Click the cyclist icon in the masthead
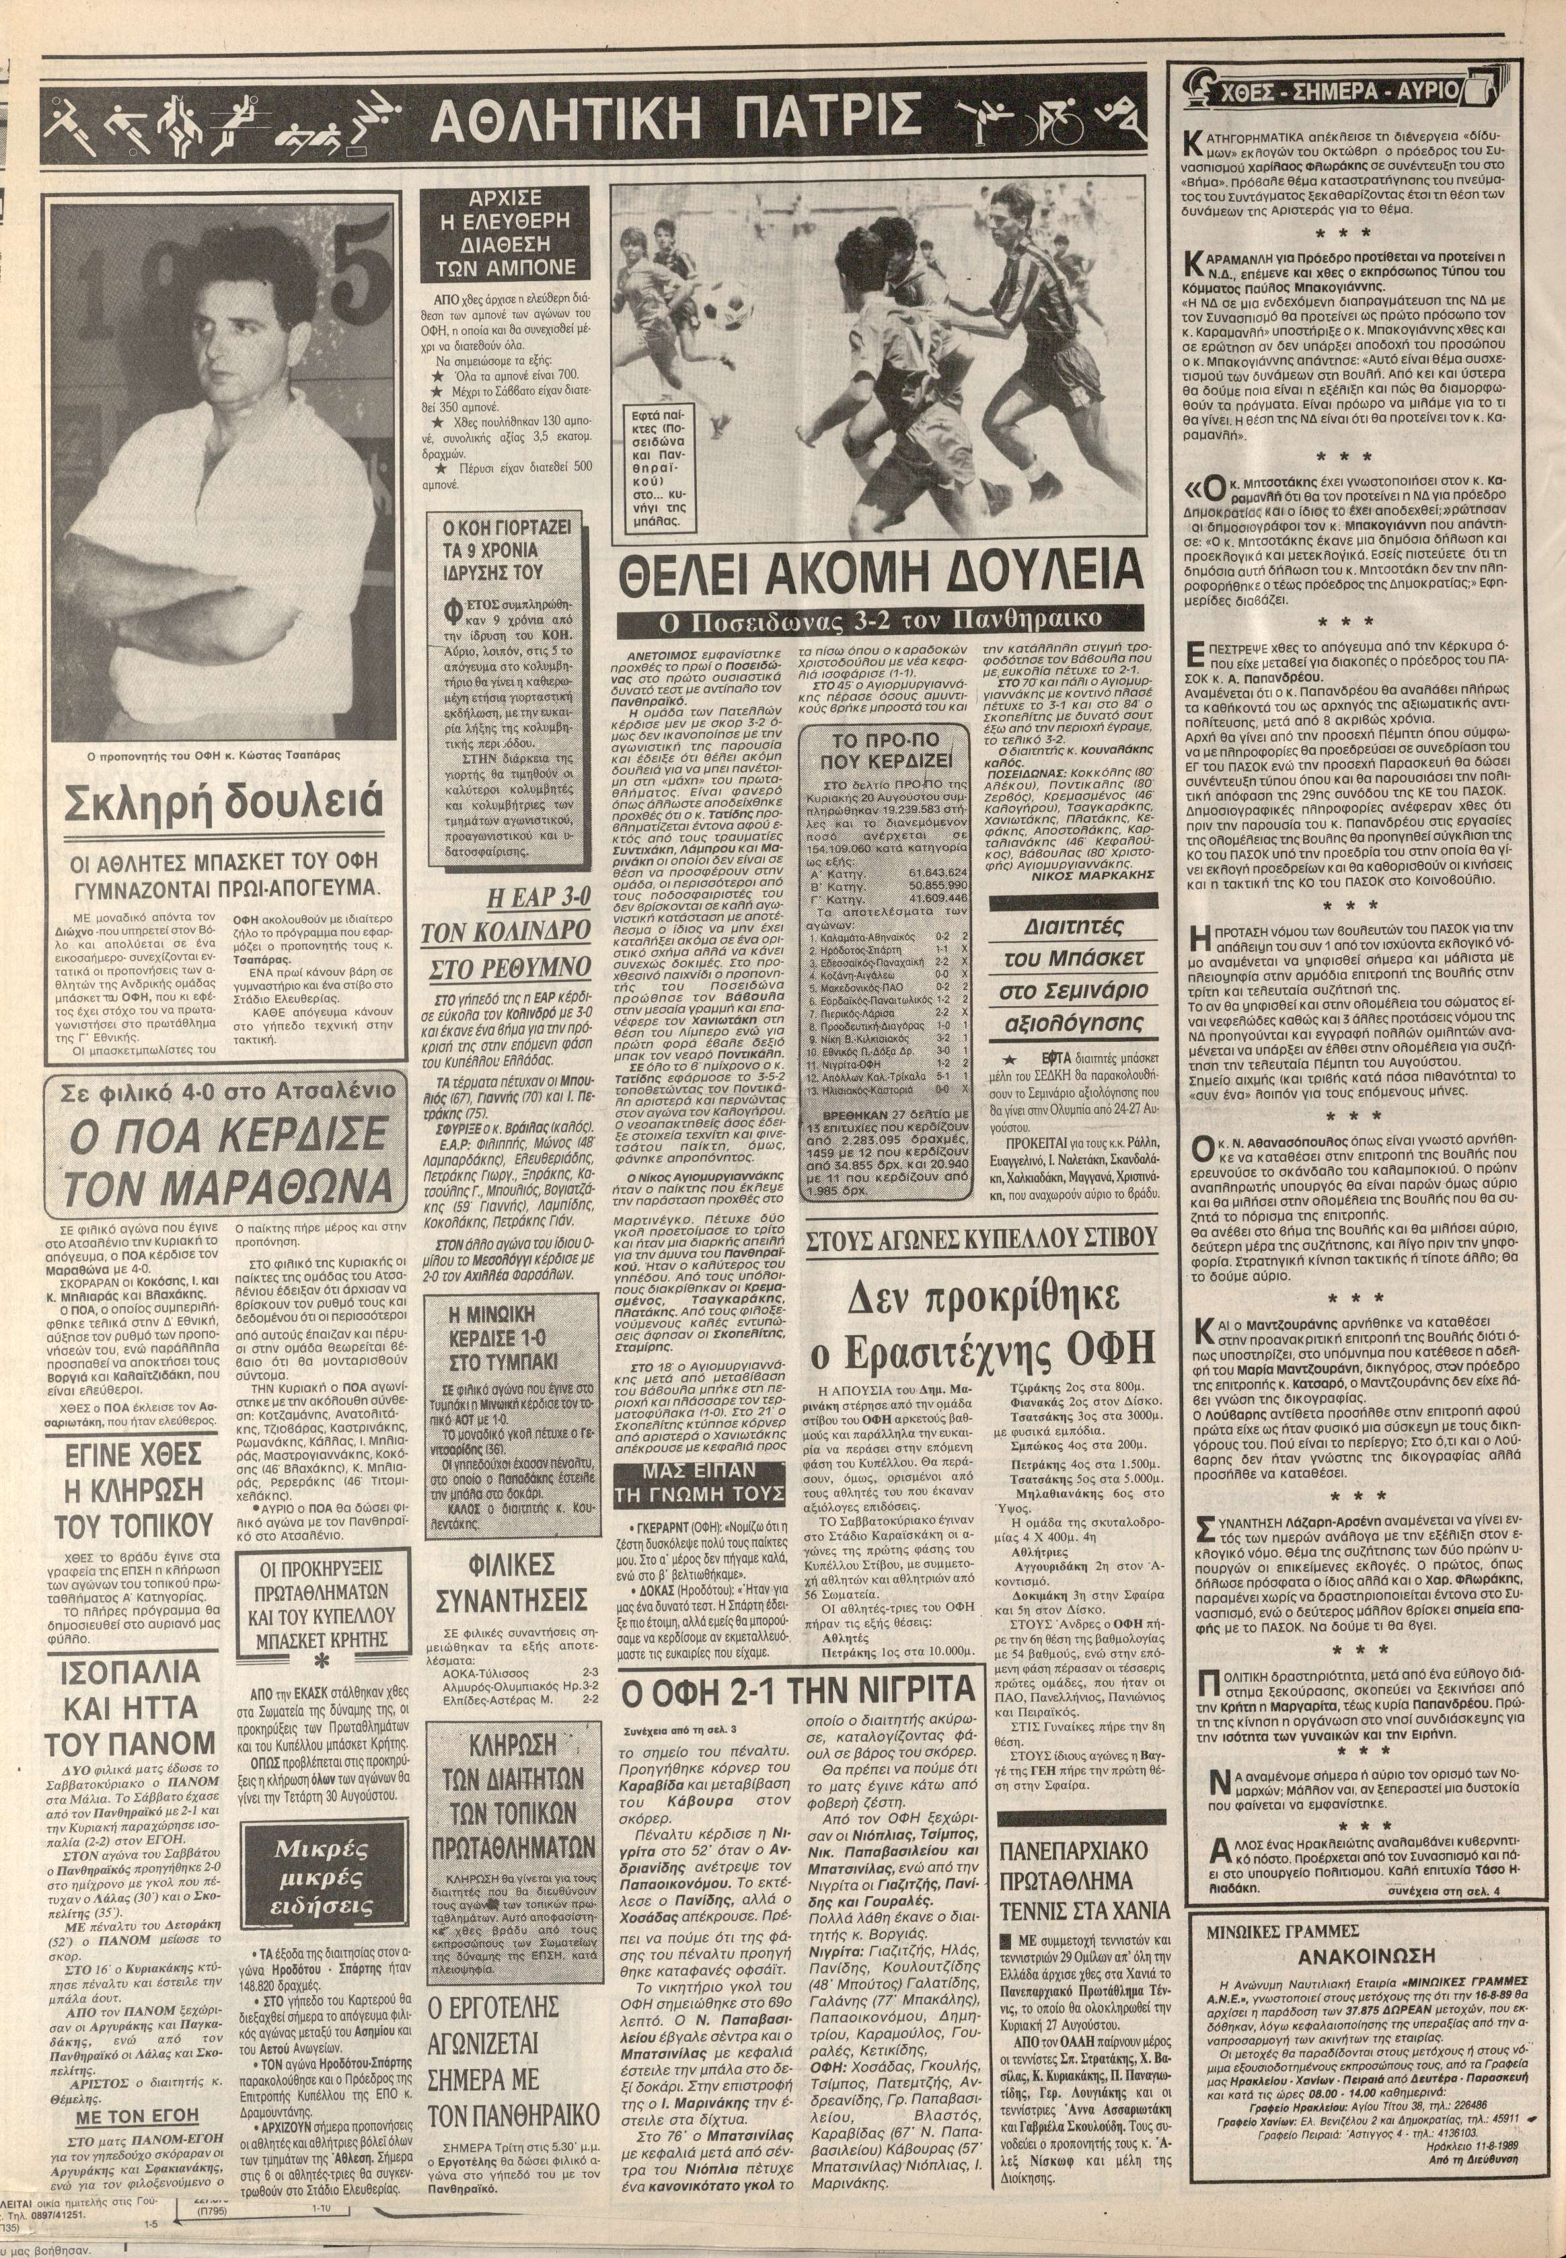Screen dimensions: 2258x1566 (x=1059, y=118)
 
